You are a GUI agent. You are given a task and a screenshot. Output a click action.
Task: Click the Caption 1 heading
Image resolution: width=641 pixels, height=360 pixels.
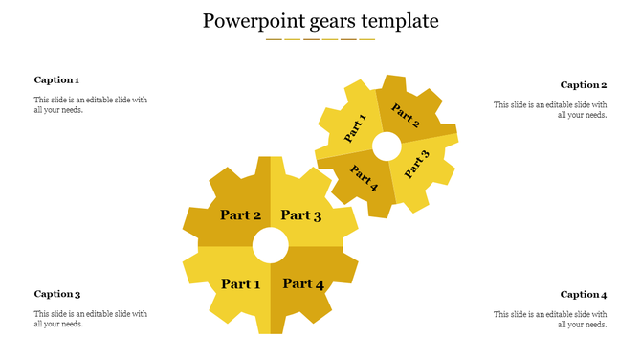[x=56, y=80]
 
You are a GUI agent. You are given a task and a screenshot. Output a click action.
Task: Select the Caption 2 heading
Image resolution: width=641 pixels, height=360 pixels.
[x=584, y=85]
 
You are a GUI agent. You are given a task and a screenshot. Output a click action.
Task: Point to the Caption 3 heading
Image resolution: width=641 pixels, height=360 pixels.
[x=56, y=294]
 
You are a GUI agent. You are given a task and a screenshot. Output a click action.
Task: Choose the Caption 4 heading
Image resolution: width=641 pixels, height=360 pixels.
[x=584, y=295]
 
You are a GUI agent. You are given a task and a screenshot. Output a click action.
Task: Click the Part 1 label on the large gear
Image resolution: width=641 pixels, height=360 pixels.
[x=240, y=283]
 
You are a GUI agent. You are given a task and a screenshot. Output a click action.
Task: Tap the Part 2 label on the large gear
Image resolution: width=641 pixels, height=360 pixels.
[x=240, y=215]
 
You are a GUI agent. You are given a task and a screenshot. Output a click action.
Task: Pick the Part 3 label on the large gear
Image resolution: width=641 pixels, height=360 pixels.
[x=301, y=215]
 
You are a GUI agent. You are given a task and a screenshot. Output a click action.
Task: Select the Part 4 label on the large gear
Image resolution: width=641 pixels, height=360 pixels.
[x=303, y=283]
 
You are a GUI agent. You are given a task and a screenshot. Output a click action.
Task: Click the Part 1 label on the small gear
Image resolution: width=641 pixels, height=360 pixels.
[x=356, y=128]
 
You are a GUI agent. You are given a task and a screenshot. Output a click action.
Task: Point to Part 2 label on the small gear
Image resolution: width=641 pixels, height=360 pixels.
[x=406, y=117]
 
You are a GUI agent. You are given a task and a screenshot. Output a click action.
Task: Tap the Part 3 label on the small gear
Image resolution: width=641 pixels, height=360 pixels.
[x=416, y=165]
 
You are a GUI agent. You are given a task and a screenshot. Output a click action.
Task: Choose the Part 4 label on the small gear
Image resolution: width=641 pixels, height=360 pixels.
[x=365, y=178]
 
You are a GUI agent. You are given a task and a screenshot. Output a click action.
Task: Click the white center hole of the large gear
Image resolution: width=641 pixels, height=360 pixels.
[x=271, y=245]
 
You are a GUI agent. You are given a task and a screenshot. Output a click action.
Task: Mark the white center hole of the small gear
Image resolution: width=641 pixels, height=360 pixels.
[x=387, y=146]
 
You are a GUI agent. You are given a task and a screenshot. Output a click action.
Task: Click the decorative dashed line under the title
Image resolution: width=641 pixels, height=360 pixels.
[x=320, y=39]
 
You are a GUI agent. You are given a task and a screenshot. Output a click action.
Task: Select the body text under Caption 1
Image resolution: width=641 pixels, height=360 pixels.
[x=91, y=104]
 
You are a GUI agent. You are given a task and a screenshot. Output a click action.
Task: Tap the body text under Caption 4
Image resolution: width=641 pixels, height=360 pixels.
[x=550, y=319]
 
